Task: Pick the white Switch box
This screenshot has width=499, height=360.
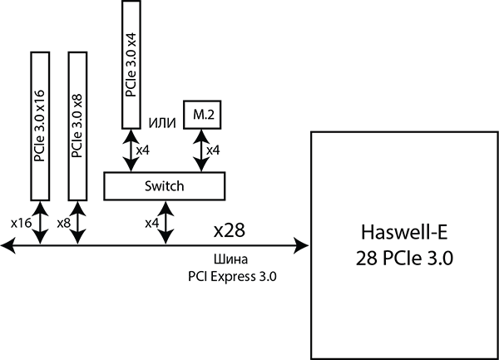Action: [x=164, y=186]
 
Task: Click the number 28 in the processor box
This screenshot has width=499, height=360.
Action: [x=365, y=258]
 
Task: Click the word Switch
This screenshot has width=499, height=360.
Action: [x=164, y=186]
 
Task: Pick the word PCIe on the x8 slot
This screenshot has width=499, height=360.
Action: [x=77, y=145]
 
